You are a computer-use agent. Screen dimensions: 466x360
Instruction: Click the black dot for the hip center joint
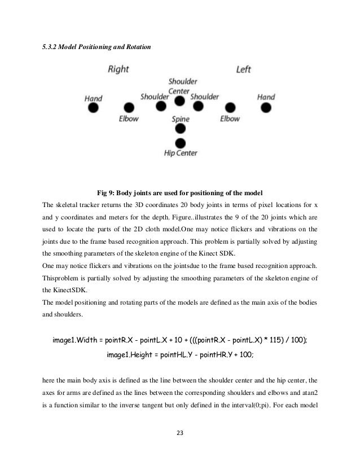tap(181, 143)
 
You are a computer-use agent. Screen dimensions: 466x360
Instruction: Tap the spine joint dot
tap(181, 129)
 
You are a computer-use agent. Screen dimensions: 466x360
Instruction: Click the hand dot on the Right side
tap(94, 107)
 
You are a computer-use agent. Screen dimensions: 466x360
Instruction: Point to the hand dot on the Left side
tap(266, 107)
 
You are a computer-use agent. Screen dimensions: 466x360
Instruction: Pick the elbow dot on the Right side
tap(129, 107)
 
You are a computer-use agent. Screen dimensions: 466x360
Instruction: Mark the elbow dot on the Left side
tap(230, 107)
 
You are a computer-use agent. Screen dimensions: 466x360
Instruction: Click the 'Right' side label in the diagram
tap(118, 69)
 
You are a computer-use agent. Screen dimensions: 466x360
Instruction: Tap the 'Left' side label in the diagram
tap(244, 69)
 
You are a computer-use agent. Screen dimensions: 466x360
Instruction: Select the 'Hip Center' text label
tap(181, 153)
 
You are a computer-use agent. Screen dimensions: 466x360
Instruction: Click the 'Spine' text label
tap(181, 119)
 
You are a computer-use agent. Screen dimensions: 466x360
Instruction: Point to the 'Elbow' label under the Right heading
tap(129, 119)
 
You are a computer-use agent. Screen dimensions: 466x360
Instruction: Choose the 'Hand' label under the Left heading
tap(266, 97)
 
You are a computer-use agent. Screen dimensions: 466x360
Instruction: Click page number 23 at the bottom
tap(180, 433)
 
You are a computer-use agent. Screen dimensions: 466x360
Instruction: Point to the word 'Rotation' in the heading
tap(137, 47)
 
